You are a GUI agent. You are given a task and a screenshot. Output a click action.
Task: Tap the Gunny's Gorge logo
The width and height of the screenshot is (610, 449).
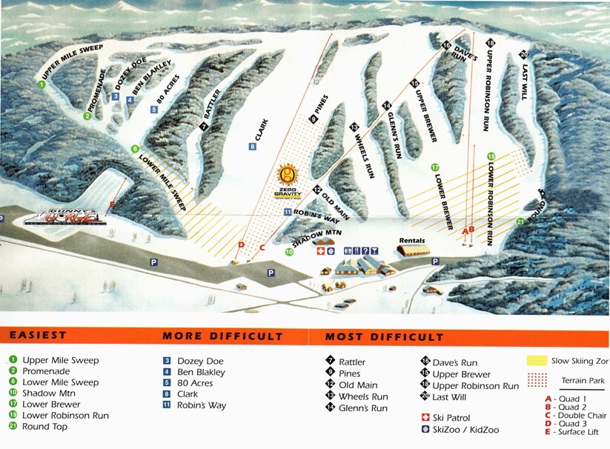pos(65,217)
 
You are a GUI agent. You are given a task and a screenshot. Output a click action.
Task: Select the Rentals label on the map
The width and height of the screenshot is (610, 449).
pos(412,240)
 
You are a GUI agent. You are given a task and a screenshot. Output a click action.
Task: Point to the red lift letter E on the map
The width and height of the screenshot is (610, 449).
pos(112,204)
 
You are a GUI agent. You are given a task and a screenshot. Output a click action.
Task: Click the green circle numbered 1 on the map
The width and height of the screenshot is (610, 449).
pos(42,85)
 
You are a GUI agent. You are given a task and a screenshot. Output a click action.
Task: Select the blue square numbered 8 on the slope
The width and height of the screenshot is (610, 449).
pos(253,147)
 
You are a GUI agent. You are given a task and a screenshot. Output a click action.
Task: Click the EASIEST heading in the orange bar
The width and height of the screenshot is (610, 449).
pos(38,336)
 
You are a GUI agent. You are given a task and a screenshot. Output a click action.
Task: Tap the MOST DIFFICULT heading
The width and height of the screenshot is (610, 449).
pos(384,336)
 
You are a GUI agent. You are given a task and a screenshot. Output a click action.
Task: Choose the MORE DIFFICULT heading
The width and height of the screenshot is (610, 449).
pos(222,336)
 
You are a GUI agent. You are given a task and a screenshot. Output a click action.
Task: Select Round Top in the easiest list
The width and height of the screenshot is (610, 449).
pos(45,426)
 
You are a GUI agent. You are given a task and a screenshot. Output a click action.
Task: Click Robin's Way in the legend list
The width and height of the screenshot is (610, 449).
pos(202,405)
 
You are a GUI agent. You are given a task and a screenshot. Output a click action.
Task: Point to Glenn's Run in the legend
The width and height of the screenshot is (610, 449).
pos(362,408)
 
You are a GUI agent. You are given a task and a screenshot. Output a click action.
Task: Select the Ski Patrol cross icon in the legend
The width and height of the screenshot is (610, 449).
pos(425,418)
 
